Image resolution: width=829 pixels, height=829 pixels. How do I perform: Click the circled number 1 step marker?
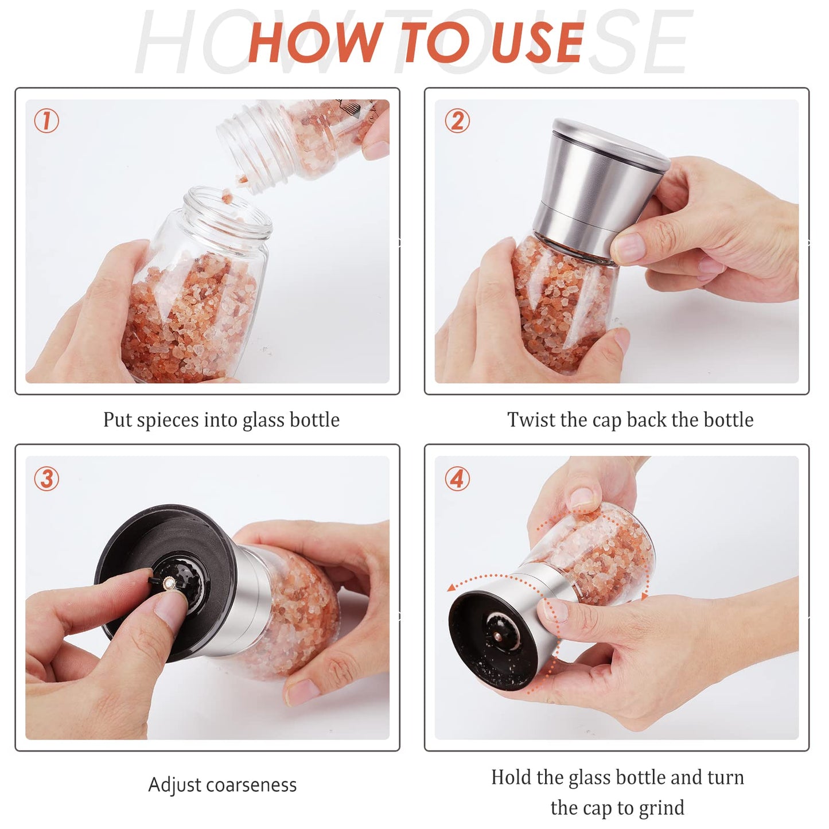click(x=46, y=121)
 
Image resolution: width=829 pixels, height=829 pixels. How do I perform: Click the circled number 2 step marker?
click(x=457, y=121)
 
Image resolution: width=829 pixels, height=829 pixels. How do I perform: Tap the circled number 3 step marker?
click(x=46, y=478)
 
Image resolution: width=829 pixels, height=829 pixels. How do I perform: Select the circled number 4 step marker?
click(x=457, y=478)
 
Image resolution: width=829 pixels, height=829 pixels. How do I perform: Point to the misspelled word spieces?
click(x=168, y=420)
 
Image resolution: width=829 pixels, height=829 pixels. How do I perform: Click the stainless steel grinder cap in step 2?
click(x=597, y=184)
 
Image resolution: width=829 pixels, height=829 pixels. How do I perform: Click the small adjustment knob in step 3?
click(x=168, y=584)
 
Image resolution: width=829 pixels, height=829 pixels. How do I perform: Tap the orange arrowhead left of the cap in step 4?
click(x=452, y=586)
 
